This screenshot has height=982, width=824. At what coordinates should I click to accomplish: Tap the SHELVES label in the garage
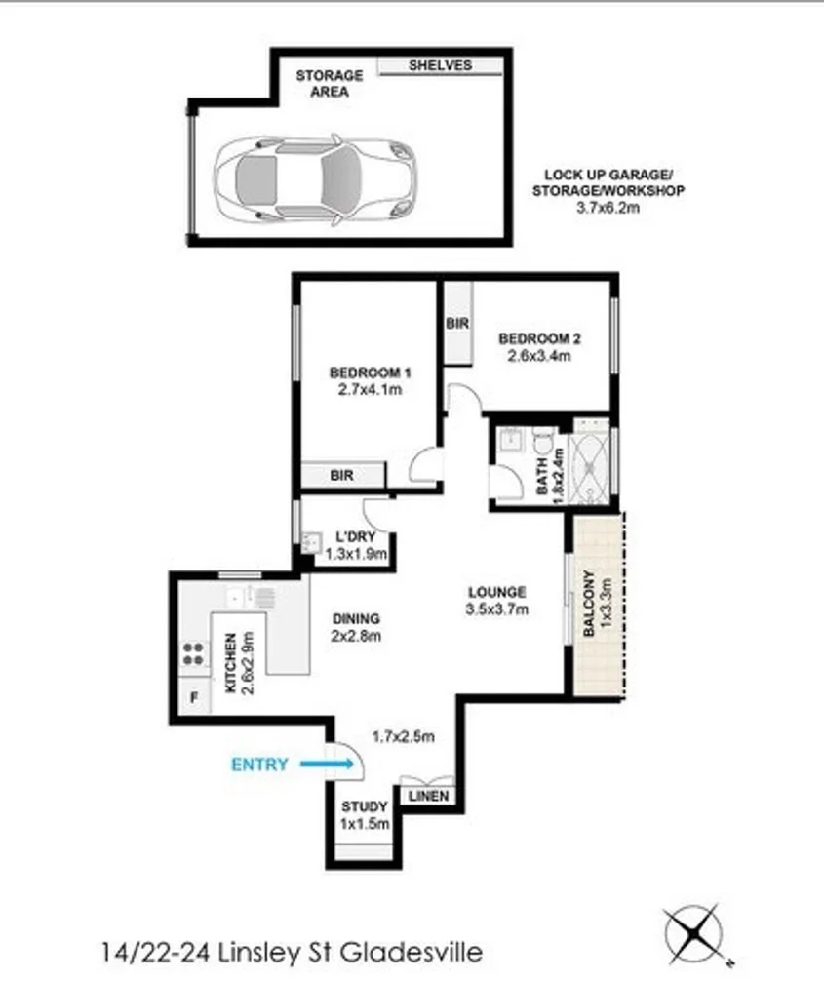click(440, 65)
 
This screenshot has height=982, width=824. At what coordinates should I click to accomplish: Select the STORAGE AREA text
click(330, 84)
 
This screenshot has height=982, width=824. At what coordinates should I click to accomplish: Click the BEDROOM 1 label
click(371, 373)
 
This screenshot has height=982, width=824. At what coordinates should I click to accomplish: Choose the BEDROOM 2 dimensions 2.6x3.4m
click(540, 356)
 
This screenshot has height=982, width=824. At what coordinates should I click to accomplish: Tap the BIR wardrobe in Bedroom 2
click(456, 323)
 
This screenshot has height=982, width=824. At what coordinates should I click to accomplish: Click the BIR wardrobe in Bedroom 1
click(341, 476)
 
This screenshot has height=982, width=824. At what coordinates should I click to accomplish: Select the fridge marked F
click(192, 699)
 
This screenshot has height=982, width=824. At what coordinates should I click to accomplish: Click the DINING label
click(356, 618)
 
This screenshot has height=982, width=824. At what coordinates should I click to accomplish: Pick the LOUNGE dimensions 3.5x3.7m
click(497, 610)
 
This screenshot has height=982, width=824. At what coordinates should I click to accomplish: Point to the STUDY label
click(364, 807)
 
